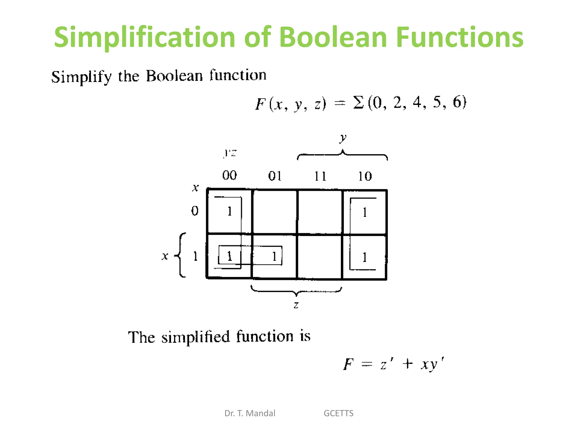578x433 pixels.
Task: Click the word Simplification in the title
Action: [144, 37]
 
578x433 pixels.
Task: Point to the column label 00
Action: [229, 175]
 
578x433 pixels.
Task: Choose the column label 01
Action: [275, 176]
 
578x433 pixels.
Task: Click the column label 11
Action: [320, 176]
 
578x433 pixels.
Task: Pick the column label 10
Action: [365, 176]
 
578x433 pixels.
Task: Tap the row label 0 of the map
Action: [195, 211]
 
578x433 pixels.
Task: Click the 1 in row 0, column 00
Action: [230, 211]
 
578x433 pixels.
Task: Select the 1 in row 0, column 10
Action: [365, 212]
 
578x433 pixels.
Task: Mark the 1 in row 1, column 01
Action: [274, 256]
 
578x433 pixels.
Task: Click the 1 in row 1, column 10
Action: [365, 257]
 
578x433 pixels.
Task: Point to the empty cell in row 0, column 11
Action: [320, 212]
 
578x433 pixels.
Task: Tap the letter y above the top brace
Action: [343, 138]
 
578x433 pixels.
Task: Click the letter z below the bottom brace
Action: [296, 305]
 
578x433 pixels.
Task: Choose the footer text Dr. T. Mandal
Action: [250, 413]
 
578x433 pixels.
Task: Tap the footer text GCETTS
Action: [338, 413]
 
